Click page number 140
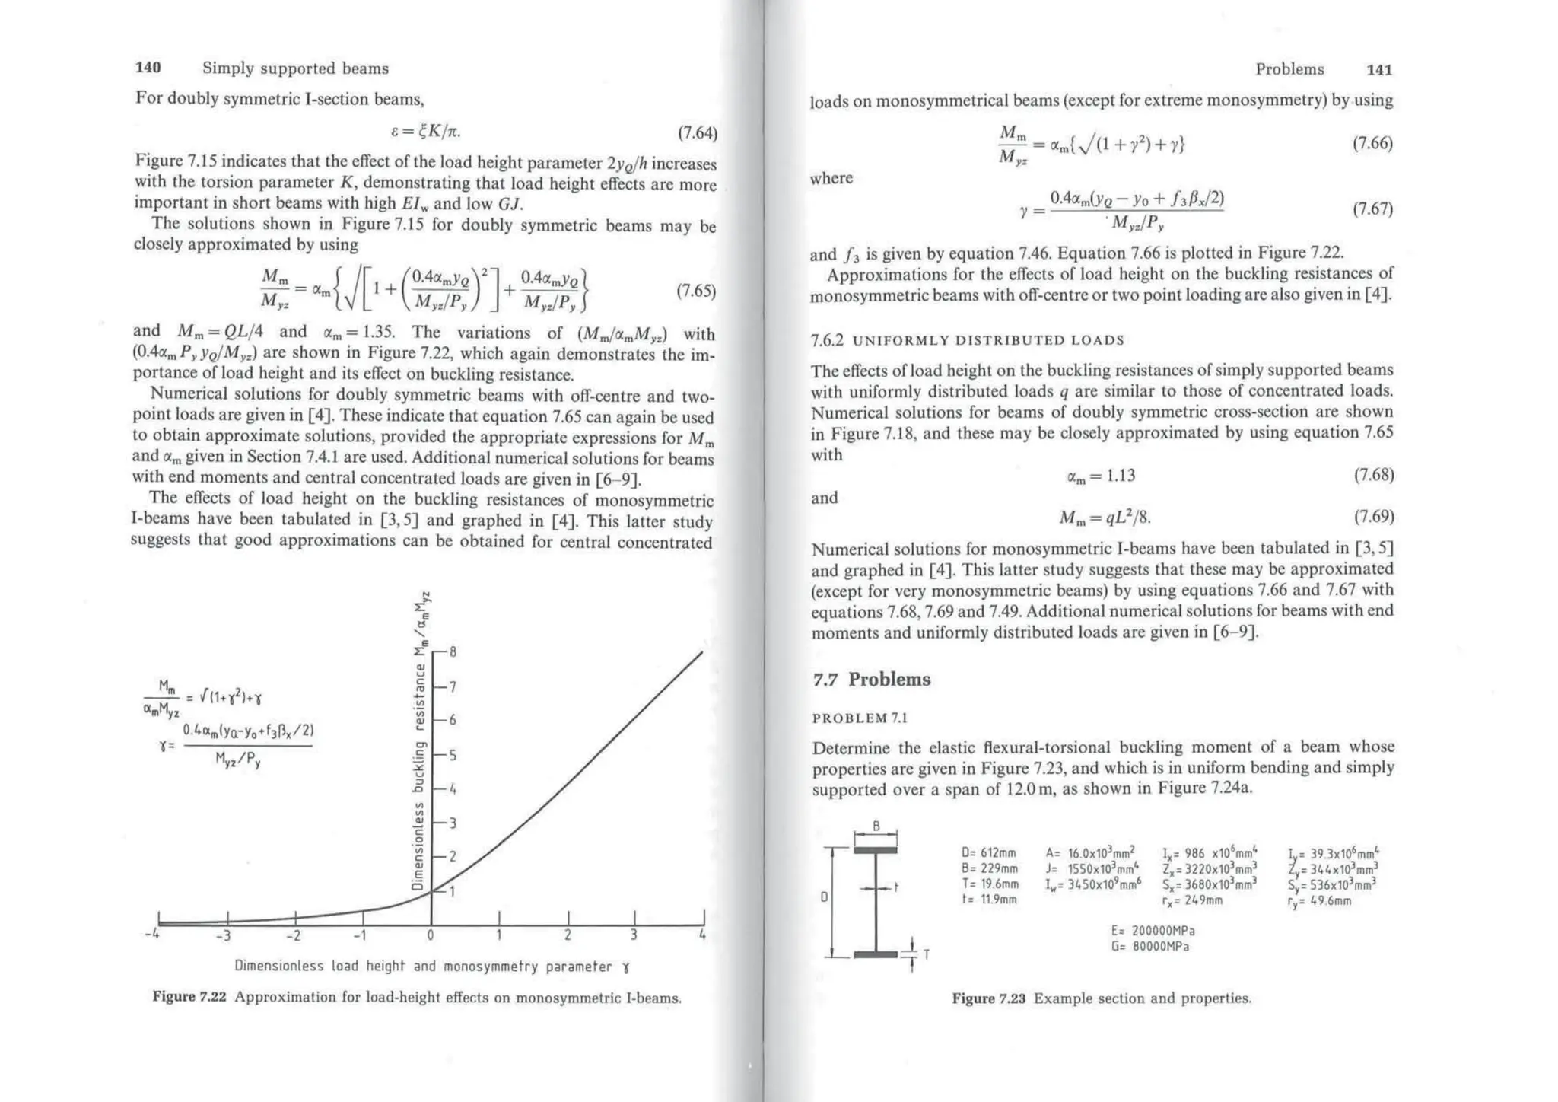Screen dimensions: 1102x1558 tap(148, 68)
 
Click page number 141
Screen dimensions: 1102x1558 tap(1379, 70)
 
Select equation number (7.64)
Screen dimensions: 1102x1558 tap(697, 134)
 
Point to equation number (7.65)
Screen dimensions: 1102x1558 tap(696, 291)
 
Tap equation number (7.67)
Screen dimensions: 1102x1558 tap(1372, 209)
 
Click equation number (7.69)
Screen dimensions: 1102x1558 tap(1374, 518)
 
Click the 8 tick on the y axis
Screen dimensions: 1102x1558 tap(453, 652)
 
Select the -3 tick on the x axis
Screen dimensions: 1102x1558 tap(223, 935)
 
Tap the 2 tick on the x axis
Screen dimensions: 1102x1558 tap(568, 935)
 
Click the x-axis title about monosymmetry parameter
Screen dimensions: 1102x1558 tap(432, 967)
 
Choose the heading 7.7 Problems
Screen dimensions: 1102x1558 tap(871, 680)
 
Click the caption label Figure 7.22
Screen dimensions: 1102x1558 tap(189, 997)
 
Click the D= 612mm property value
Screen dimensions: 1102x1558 tap(989, 854)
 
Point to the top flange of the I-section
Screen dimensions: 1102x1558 tap(876, 850)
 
